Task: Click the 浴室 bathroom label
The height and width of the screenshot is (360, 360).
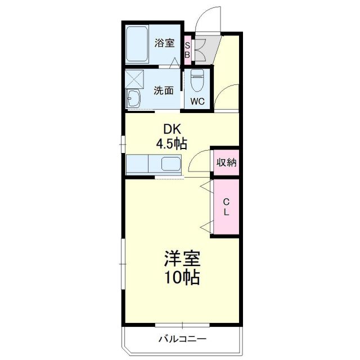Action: click(x=165, y=43)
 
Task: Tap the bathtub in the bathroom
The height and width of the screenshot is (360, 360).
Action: click(x=136, y=44)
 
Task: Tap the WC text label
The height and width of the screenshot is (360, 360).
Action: click(x=197, y=101)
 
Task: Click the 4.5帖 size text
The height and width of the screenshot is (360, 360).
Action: click(x=171, y=143)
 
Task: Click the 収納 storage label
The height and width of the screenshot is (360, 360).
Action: click(x=226, y=163)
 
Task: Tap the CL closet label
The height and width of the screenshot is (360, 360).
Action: click(x=226, y=207)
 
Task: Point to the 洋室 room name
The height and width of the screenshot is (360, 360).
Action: click(x=182, y=259)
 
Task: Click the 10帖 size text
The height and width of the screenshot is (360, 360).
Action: click(x=182, y=278)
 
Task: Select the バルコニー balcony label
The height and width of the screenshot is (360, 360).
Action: click(x=182, y=339)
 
